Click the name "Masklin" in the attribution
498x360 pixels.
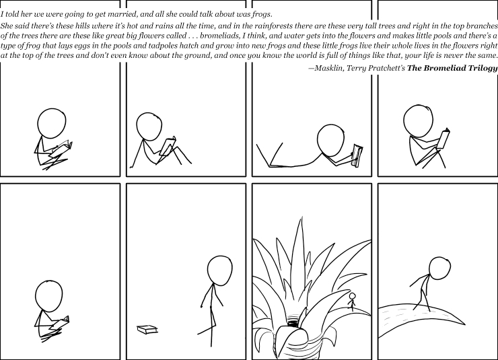(327, 68)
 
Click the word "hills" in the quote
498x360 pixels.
(83, 26)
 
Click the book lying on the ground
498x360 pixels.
(147, 330)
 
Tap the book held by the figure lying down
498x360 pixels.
(357, 155)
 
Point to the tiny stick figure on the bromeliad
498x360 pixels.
(352, 301)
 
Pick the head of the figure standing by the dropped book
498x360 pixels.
(219, 271)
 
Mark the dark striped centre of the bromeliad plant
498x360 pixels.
(293, 321)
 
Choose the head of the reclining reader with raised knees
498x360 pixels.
(149, 127)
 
